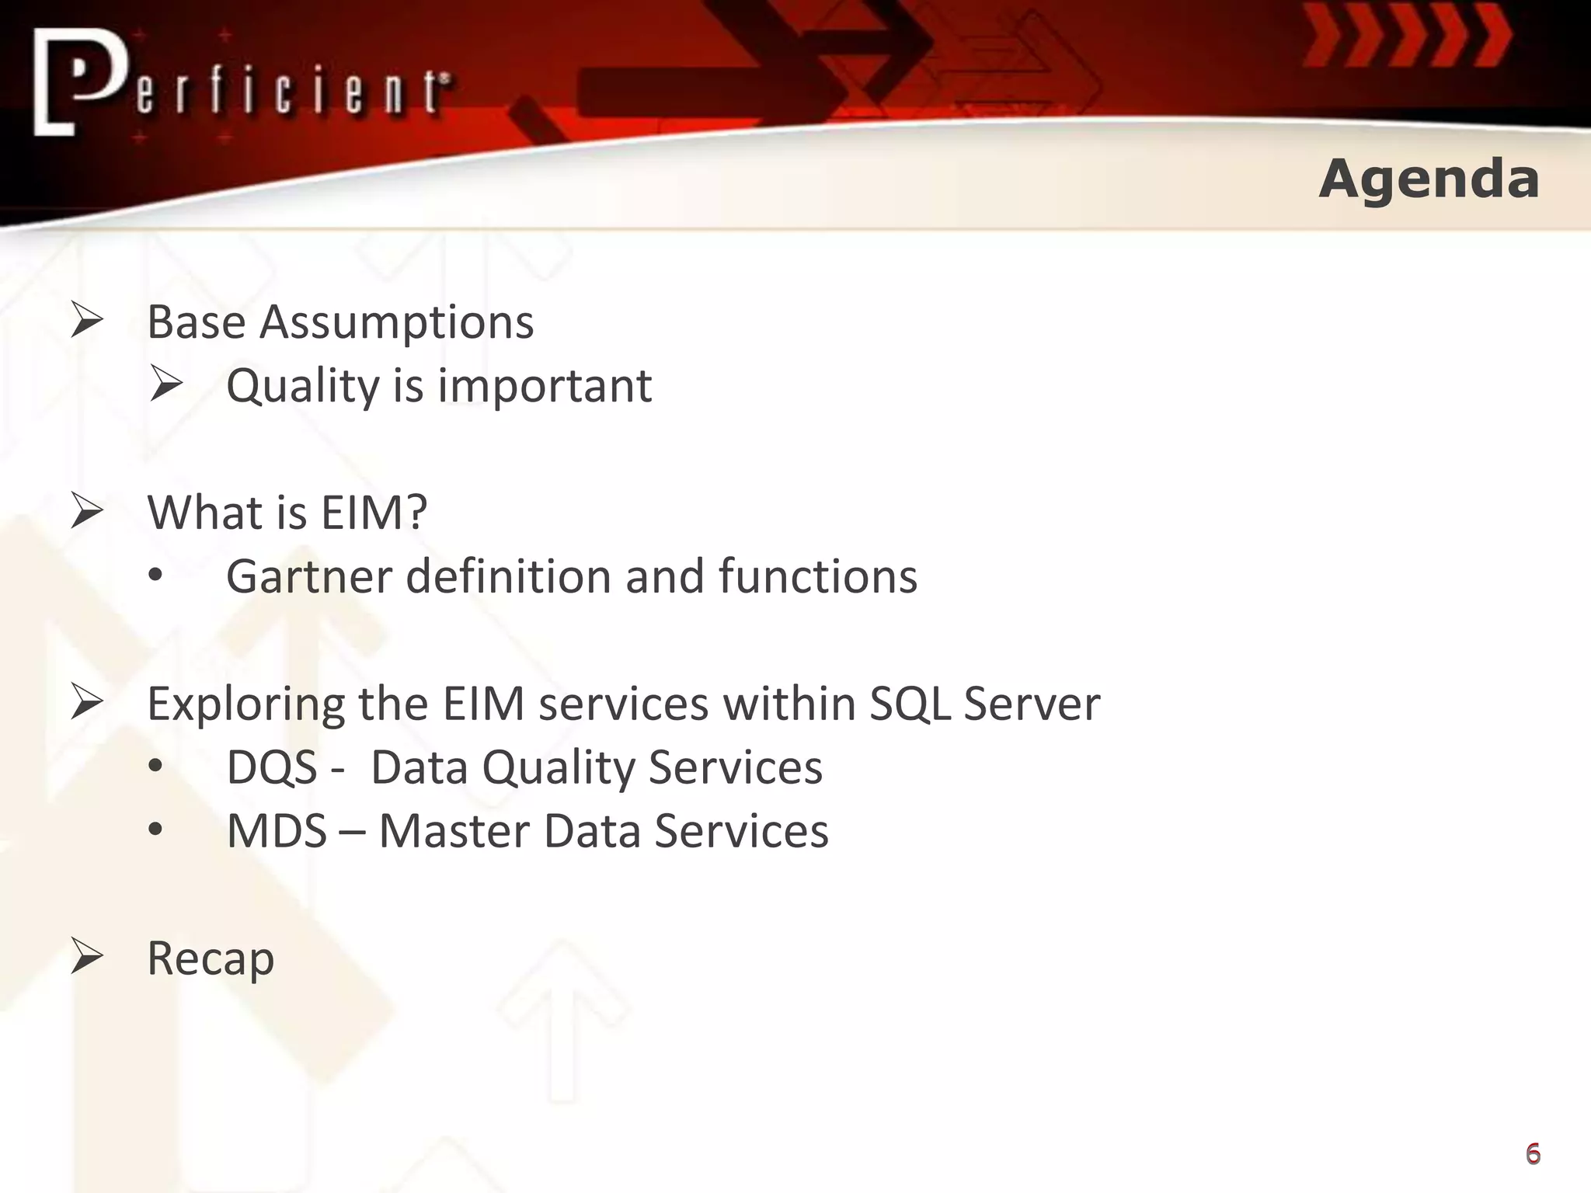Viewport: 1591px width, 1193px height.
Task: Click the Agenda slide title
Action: (x=1429, y=179)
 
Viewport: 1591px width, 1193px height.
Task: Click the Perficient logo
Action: (x=241, y=84)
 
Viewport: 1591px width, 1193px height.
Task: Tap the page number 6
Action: (x=1533, y=1153)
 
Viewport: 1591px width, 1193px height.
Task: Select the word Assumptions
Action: (x=396, y=323)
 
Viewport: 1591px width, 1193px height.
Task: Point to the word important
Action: (x=545, y=386)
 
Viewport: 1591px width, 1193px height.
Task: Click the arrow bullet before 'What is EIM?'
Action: (x=87, y=512)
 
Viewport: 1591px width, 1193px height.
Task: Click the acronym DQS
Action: (x=272, y=768)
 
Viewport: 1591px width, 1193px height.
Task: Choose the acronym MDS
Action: (x=277, y=831)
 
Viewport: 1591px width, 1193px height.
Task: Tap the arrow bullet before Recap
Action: (x=87, y=956)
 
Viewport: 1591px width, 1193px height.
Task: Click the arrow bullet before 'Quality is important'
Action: (x=166, y=384)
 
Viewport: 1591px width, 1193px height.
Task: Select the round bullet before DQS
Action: (x=156, y=767)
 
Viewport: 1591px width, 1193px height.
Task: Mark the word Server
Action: (x=1031, y=704)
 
